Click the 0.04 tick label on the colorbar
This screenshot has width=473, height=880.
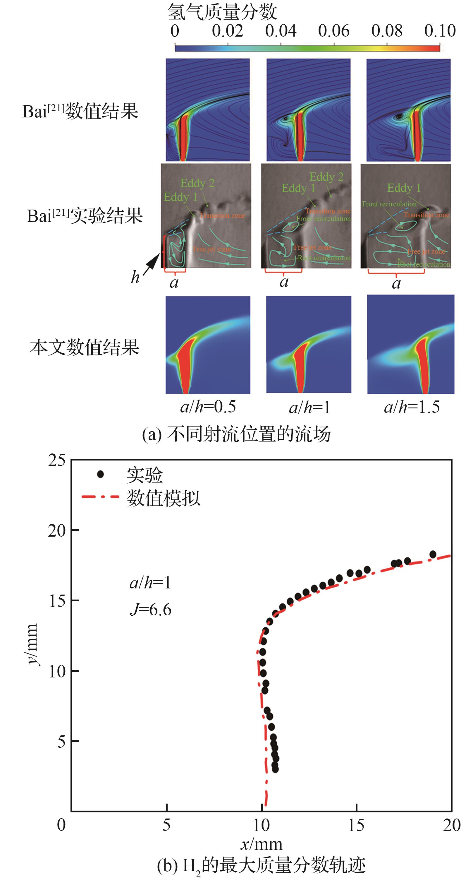click(x=281, y=31)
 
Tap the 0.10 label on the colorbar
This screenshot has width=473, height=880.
click(x=440, y=31)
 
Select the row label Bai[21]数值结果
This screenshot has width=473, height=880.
click(x=80, y=111)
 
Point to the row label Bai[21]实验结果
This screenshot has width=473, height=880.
click(x=85, y=216)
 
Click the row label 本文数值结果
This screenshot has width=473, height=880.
click(x=84, y=347)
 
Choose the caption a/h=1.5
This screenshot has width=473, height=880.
click(x=412, y=407)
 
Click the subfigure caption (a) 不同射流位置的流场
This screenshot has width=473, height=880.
click(x=236, y=434)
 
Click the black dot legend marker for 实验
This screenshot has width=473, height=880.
click(x=100, y=474)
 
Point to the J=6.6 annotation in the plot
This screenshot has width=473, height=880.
click(x=150, y=610)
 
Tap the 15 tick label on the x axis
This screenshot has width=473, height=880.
click(x=356, y=825)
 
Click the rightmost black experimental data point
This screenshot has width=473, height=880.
click(x=433, y=554)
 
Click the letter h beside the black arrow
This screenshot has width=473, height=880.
click(x=135, y=277)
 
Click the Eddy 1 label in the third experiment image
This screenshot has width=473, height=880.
click(x=404, y=188)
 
